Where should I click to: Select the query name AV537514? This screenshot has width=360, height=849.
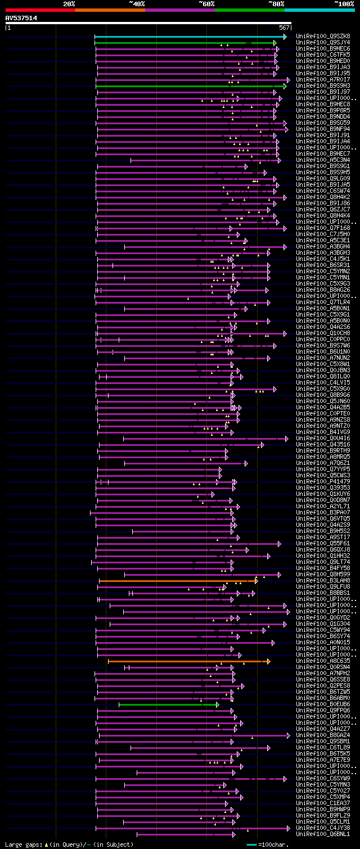tap(21, 18)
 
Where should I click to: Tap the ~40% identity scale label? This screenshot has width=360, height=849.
tap(137, 4)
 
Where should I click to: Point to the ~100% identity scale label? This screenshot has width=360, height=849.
tap(344, 4)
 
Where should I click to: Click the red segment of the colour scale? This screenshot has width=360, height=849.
tap(39, 10)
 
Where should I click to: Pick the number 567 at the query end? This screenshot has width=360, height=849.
tap(284, 28)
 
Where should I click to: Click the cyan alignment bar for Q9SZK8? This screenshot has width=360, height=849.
tap(190, 37)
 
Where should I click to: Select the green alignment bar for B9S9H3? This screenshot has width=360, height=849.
tap(190, 86)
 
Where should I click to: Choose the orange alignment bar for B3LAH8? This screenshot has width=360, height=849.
tap(177, 581)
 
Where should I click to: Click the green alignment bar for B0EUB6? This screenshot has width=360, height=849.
tap(168, 705)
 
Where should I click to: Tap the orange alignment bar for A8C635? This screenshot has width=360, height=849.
tap(188, 661)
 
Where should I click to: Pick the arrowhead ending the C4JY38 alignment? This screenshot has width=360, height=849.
tap(289, 828)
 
